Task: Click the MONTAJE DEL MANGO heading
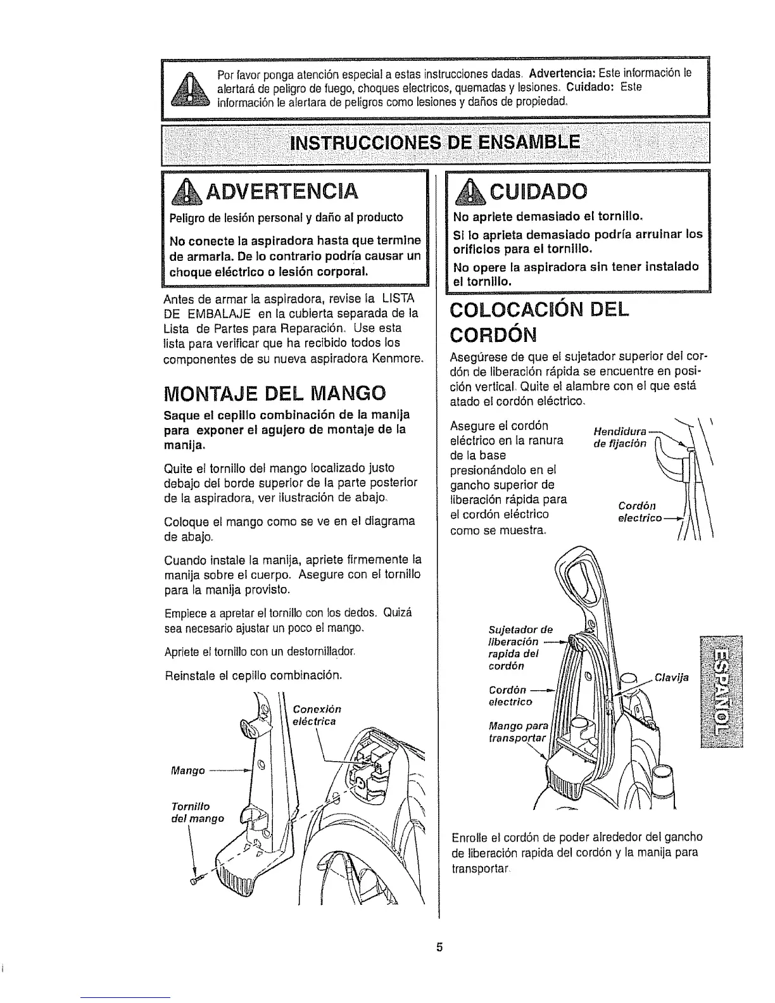pos(274,393)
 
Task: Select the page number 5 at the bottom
pos(437,949)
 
